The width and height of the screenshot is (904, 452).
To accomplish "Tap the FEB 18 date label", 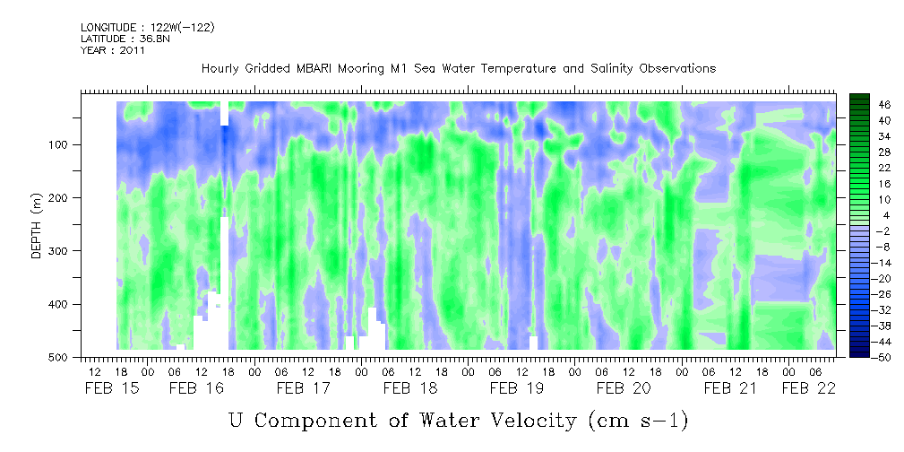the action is [x=410, y=388].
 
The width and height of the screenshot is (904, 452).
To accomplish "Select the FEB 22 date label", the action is [x=809, y=388].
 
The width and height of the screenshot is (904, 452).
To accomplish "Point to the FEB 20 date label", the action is [x=624, y=388].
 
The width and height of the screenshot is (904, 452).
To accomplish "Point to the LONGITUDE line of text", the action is [x=148, y=27].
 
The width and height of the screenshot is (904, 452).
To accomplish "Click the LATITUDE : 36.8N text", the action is [x=125, y=39].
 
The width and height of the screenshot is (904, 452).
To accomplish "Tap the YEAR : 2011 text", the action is [x=113, y=50].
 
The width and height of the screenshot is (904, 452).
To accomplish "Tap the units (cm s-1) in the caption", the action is [x=638, y=422].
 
